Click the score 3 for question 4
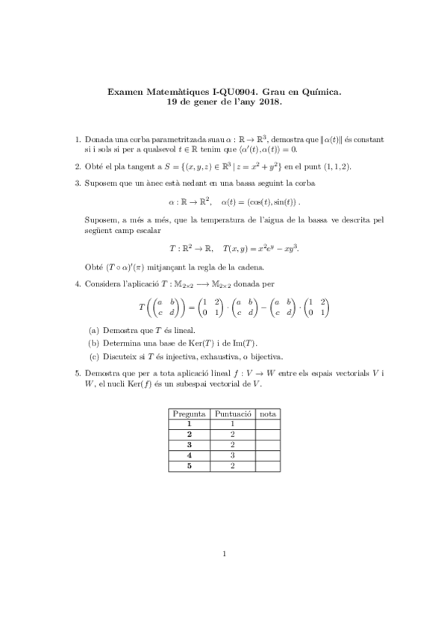click(233, 455)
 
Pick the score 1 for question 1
click(233, 423)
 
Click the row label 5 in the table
click(190, 465)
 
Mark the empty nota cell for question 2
click(268, 434)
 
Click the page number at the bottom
click(224, 574)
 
